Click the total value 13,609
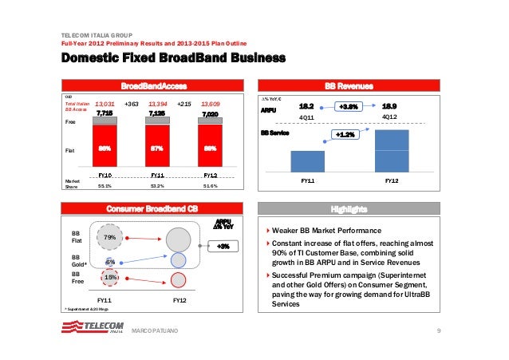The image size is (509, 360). [211, 104]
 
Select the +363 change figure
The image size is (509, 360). [132, 104]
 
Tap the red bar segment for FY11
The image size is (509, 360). [158, 148]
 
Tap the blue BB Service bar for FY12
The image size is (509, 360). [391, 150]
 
